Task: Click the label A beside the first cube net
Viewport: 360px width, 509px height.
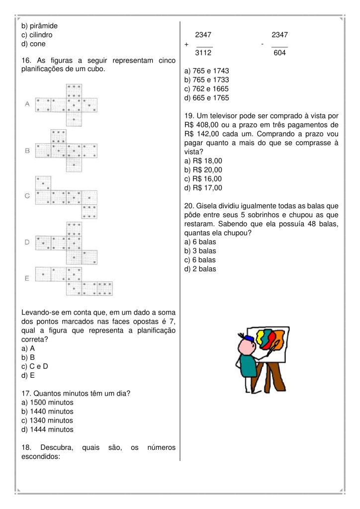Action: tap(27, 104)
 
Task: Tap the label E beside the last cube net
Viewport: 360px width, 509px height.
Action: tap(27, 278)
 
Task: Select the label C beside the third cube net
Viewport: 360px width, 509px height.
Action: tap(27, 196)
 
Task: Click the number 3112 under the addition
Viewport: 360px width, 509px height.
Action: tap(203, 53)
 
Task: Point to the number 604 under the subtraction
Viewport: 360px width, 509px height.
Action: tap(279, 53)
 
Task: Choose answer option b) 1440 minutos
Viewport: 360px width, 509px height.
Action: tap(47, 412)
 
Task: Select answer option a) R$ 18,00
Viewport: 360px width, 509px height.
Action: tap(203, 161)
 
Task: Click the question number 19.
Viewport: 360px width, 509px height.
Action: tap(188, 116)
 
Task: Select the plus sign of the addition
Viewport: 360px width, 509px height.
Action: tap(186, 44)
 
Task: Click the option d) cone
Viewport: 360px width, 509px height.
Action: tap(33, 44)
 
